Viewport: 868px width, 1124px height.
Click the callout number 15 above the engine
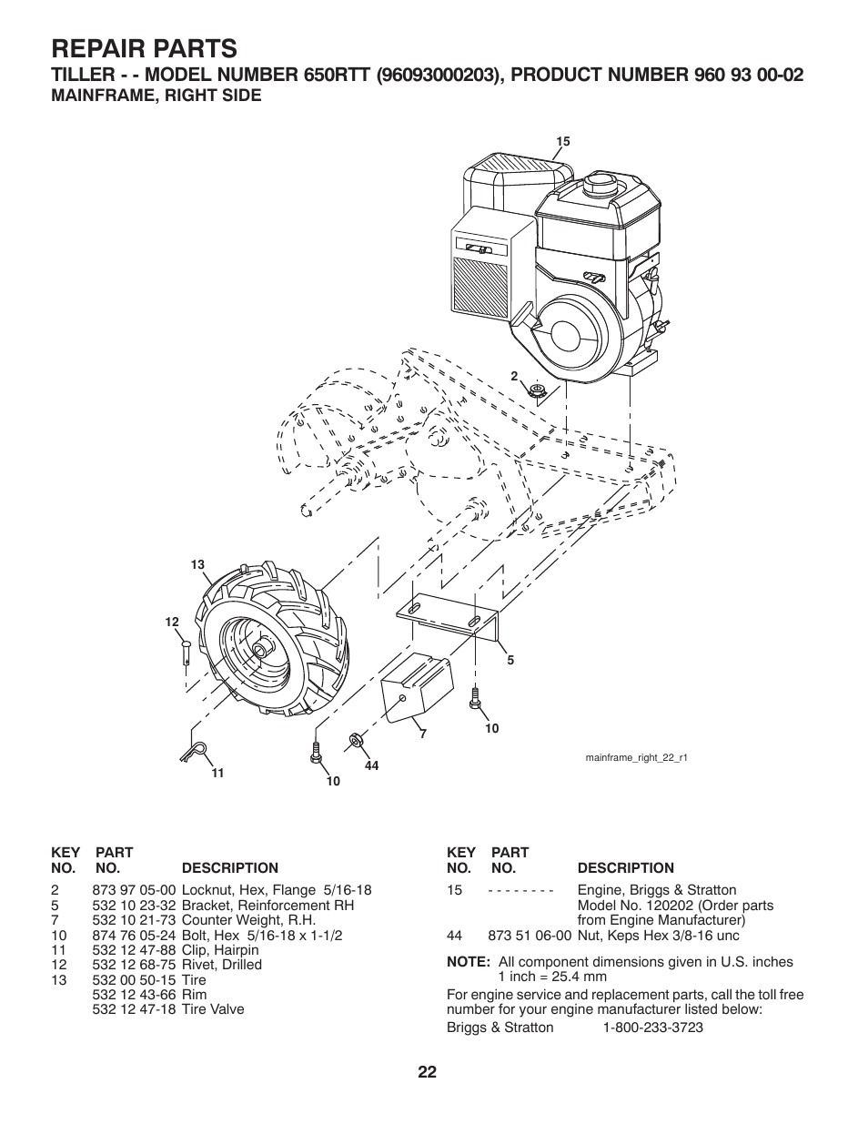[x=562, y=141]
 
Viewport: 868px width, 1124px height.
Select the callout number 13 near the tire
[x=197, y=565]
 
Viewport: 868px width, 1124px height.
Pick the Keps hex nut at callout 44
[x=356, y=741]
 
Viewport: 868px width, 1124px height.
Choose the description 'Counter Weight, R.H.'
[x=248, y=920]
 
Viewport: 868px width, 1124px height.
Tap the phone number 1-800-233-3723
[x=652, y=1028]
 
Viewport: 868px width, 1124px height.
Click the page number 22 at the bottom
[x=429, y=1072]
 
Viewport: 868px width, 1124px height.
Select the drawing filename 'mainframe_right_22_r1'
[x=635, y=757]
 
